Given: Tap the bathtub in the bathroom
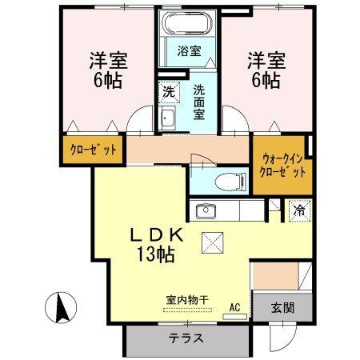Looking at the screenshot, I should (x=187, y=23).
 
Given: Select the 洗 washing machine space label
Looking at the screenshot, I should (x=169, y=92).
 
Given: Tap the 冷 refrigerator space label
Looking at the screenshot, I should (x=298, y=212).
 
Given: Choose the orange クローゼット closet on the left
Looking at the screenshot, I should (x=90, y=150).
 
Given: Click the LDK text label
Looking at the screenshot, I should (x=158, y=237).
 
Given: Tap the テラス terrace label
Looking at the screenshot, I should (x=185, y=338).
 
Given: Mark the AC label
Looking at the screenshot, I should (x=235, y=306).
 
